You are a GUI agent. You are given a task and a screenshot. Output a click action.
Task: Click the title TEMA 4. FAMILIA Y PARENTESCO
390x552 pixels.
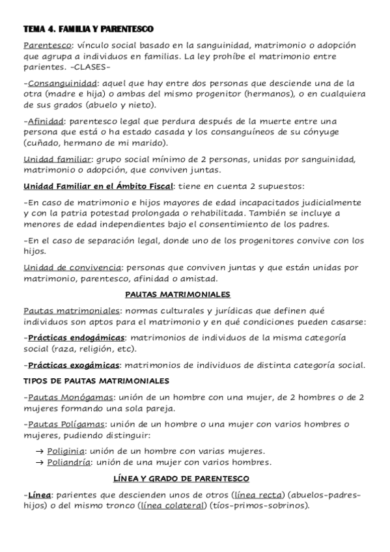[87, 30]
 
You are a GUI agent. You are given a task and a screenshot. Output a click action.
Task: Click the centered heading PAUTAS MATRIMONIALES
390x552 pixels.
[180, 294]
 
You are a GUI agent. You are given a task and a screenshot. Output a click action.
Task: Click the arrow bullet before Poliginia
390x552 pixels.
[40, 451]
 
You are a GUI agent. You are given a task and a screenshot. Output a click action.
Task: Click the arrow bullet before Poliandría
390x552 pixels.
[40, 462]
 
